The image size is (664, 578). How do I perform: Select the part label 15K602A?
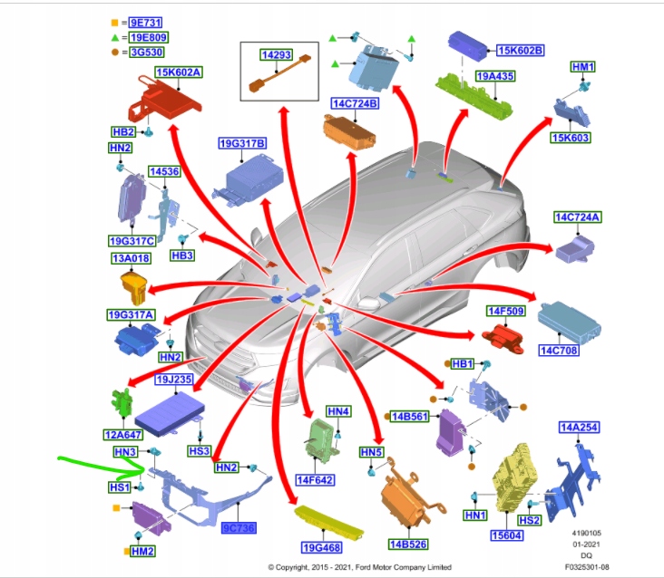click(178, 72)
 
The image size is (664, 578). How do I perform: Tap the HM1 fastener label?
click(582, 67)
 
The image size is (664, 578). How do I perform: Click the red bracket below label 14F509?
click(504, 338)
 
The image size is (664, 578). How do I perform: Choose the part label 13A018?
click(130, 258)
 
